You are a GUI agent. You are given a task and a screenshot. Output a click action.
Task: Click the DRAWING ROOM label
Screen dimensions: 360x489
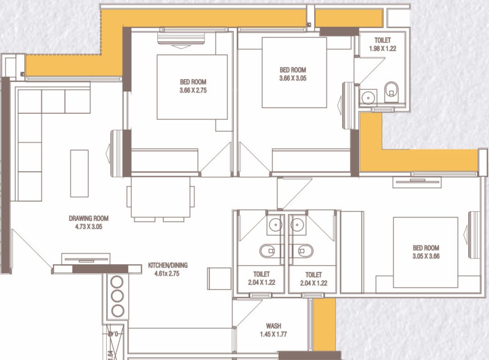89,218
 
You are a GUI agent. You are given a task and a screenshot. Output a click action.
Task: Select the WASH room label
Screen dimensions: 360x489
274,326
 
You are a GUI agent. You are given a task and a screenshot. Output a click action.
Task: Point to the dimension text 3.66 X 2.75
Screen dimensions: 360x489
193,90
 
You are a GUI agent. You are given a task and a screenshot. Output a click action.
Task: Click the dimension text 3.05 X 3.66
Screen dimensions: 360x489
426,256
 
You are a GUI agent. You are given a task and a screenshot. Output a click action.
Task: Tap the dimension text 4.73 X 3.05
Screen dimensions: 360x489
89,226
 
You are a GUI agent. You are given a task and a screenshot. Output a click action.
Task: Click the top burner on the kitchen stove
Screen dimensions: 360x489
117,282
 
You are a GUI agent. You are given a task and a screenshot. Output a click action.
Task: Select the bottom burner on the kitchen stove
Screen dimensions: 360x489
117,310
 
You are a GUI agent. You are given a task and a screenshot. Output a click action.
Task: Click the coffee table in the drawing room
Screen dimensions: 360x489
79,173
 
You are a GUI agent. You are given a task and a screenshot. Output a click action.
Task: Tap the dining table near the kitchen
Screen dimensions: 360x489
161,196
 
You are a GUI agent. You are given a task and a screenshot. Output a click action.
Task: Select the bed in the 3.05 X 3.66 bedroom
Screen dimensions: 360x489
425,252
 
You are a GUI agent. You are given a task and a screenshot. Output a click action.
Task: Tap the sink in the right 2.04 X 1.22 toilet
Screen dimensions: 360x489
296,225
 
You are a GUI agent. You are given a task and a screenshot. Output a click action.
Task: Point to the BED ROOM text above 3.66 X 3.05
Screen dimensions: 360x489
293,70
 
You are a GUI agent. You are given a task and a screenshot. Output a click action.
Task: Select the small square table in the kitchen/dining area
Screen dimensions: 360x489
219,279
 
